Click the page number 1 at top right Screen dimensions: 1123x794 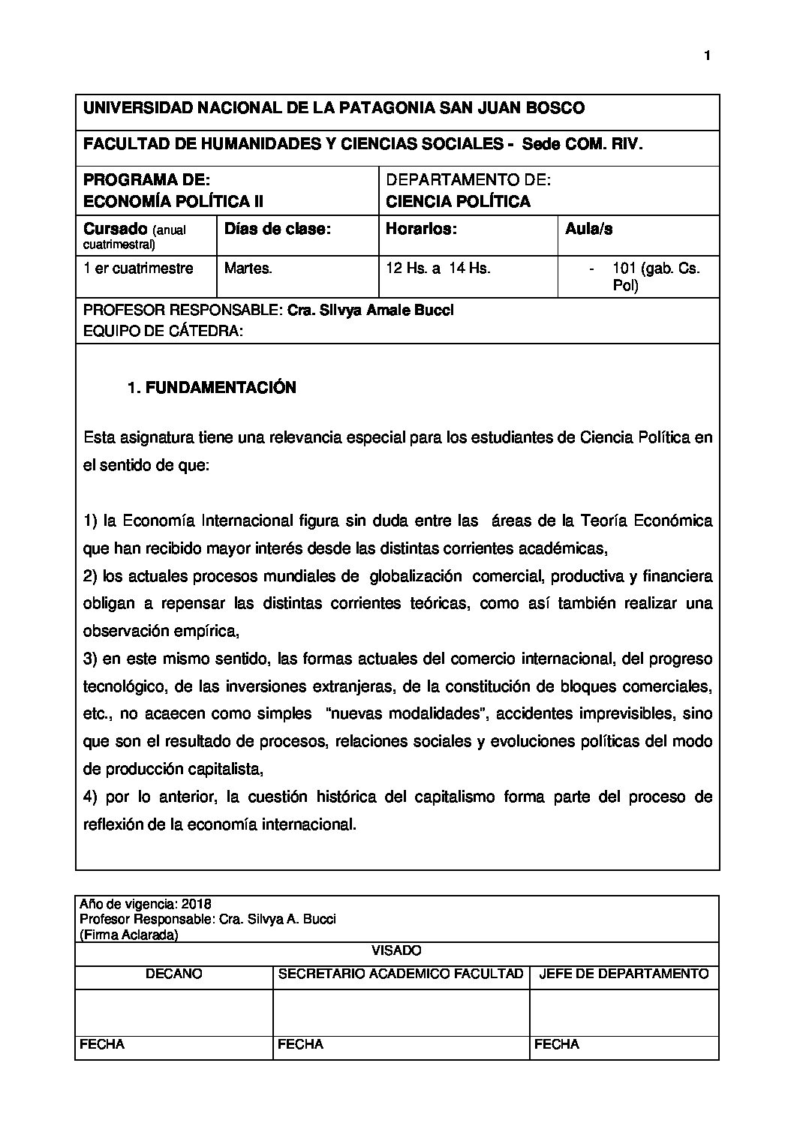pyautogui.click(x=707, y=56)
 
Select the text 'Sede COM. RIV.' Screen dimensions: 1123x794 pyautogui.click(x=582, y=144)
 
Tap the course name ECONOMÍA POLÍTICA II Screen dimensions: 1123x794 pyautogui.click(x=173, y=201)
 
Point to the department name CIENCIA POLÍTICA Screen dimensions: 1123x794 pyautogui.click(x=458, y=201)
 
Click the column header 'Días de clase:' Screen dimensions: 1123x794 pyautogui.click(x=278, y=230)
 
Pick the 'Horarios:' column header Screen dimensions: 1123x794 pyautogui.click(x=421, y=230)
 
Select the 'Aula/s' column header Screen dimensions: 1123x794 pyautogui.click(x=588, y=230)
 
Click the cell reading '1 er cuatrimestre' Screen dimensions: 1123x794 pyautogui.click(x=138, y=269)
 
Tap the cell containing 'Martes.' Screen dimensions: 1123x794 pyautogui.click(x=248, y=269)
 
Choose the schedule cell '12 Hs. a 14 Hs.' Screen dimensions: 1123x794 pyautogui.click(x=438, y=269)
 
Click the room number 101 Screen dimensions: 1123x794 pyautogui.click(x=624, y=269)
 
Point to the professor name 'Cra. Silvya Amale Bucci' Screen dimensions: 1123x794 pyautogui.click(x=371, y=311)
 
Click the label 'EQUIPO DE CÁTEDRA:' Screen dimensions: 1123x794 pyautogui.click(x=163, y=332)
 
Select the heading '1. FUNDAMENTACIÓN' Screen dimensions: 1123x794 pyautogui.click(x=212, y=388)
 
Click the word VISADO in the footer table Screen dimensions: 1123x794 pyautogui.click(x=397, y=951)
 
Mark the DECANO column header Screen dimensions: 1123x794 pyautogui.click(x=174, y=974)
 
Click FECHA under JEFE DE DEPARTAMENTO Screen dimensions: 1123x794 pyautogui.click(x=556, y=1044)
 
